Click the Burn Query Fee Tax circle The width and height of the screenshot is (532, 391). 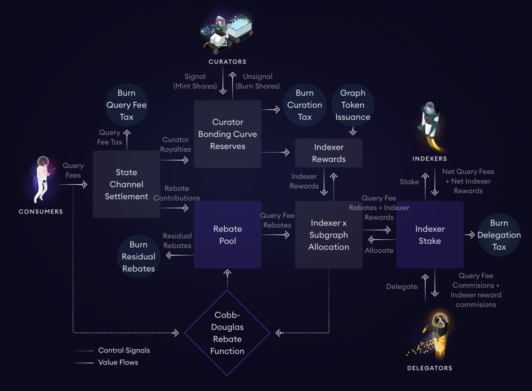pos(126,105)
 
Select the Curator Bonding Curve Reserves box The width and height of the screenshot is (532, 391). pos(227,134)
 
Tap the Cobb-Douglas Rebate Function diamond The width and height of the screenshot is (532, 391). pos(227,333)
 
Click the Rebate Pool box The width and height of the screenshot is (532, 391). pos(227,235)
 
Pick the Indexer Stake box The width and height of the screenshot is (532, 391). pos(430,235)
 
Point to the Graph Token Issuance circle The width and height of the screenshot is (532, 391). pos(353,105)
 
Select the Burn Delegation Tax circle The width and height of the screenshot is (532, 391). pos(499,235)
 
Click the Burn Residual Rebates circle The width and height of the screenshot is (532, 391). pos(138,256)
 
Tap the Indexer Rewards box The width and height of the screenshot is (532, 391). pos(329,153)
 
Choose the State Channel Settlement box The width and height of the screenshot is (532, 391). pos(126,184)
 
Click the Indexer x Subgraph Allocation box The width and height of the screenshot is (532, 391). pos(329,235)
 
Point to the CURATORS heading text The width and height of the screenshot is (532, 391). pos(227,62)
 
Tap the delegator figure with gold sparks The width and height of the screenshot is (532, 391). pos(437,335)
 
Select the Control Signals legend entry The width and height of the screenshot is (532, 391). pos(124,350)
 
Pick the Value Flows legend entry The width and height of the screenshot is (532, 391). pos(118,362)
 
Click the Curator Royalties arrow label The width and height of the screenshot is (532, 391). pos(175,145)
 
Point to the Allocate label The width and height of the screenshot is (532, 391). pos(379,250)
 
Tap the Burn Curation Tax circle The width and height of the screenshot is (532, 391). pos(305,105)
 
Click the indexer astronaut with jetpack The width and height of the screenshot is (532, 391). pos(430,125)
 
